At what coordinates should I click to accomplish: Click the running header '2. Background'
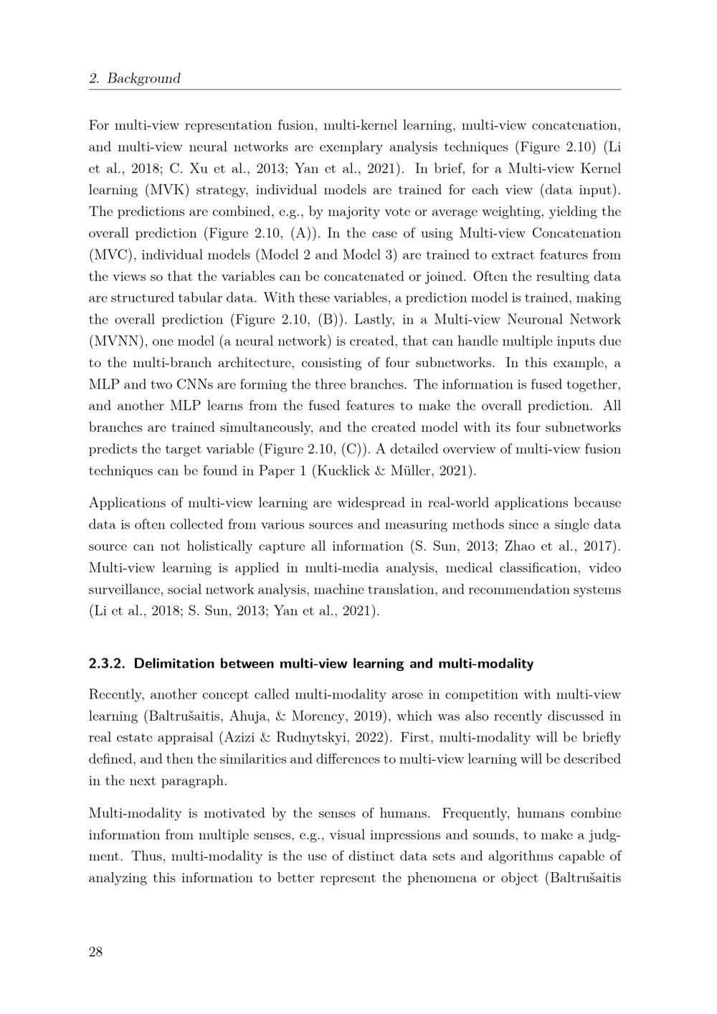pos(135,79)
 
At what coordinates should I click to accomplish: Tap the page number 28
pos(96,952)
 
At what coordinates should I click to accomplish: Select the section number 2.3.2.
pos(108,663)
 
